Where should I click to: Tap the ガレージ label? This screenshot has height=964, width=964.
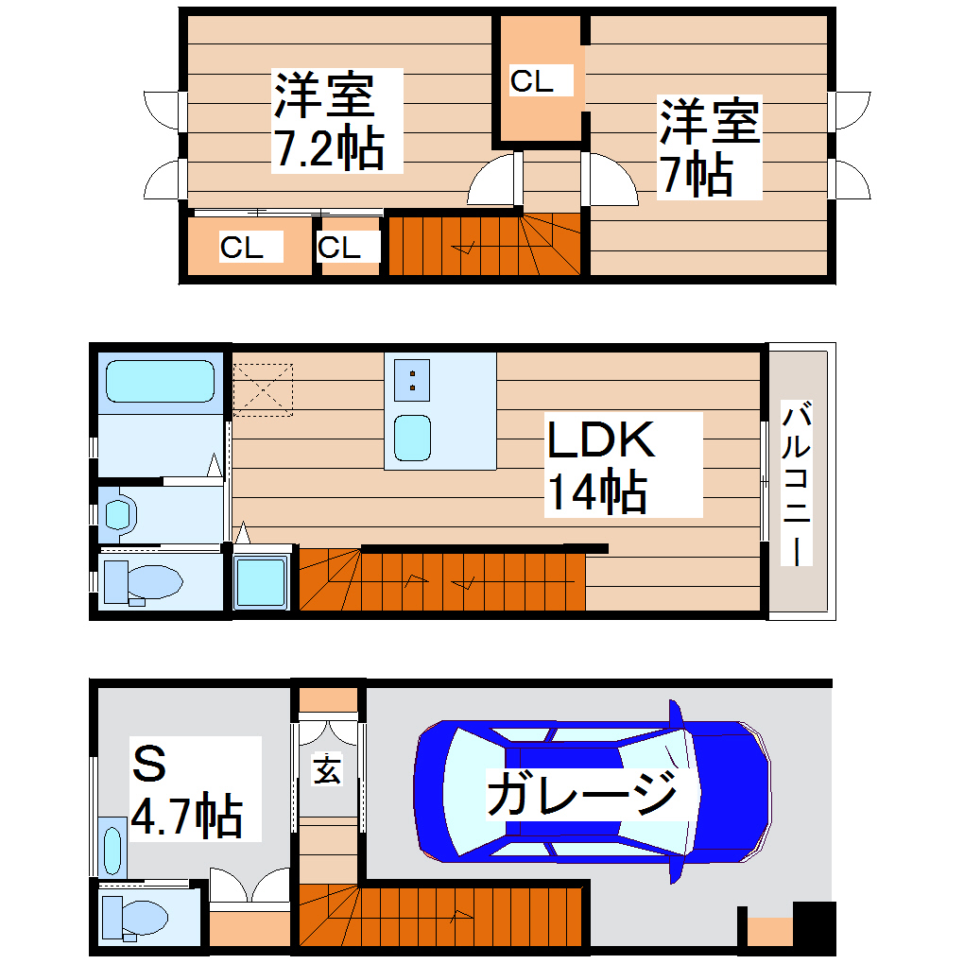pyautogui.click(x=582, y=792)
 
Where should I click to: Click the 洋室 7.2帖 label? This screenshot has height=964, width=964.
pyautogui.click(x=328, y=120)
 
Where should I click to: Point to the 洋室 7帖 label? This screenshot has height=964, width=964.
pyautogui.click(x=709, y=147)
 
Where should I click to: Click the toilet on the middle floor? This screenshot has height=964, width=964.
pyautogui.click(x=142, y=581)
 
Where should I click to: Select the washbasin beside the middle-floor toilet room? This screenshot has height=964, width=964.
pyautogui.click(x=120, y=514)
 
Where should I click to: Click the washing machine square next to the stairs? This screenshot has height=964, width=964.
pyautogui.click(x=261, y=582)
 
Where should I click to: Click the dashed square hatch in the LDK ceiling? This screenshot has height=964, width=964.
pyautogui.click(x=262, y=387)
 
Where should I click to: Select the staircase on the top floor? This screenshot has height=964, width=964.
pyautogui.click(x=482, y=246)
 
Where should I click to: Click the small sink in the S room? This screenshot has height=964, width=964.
pyautogui.click(x=113, y=851)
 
